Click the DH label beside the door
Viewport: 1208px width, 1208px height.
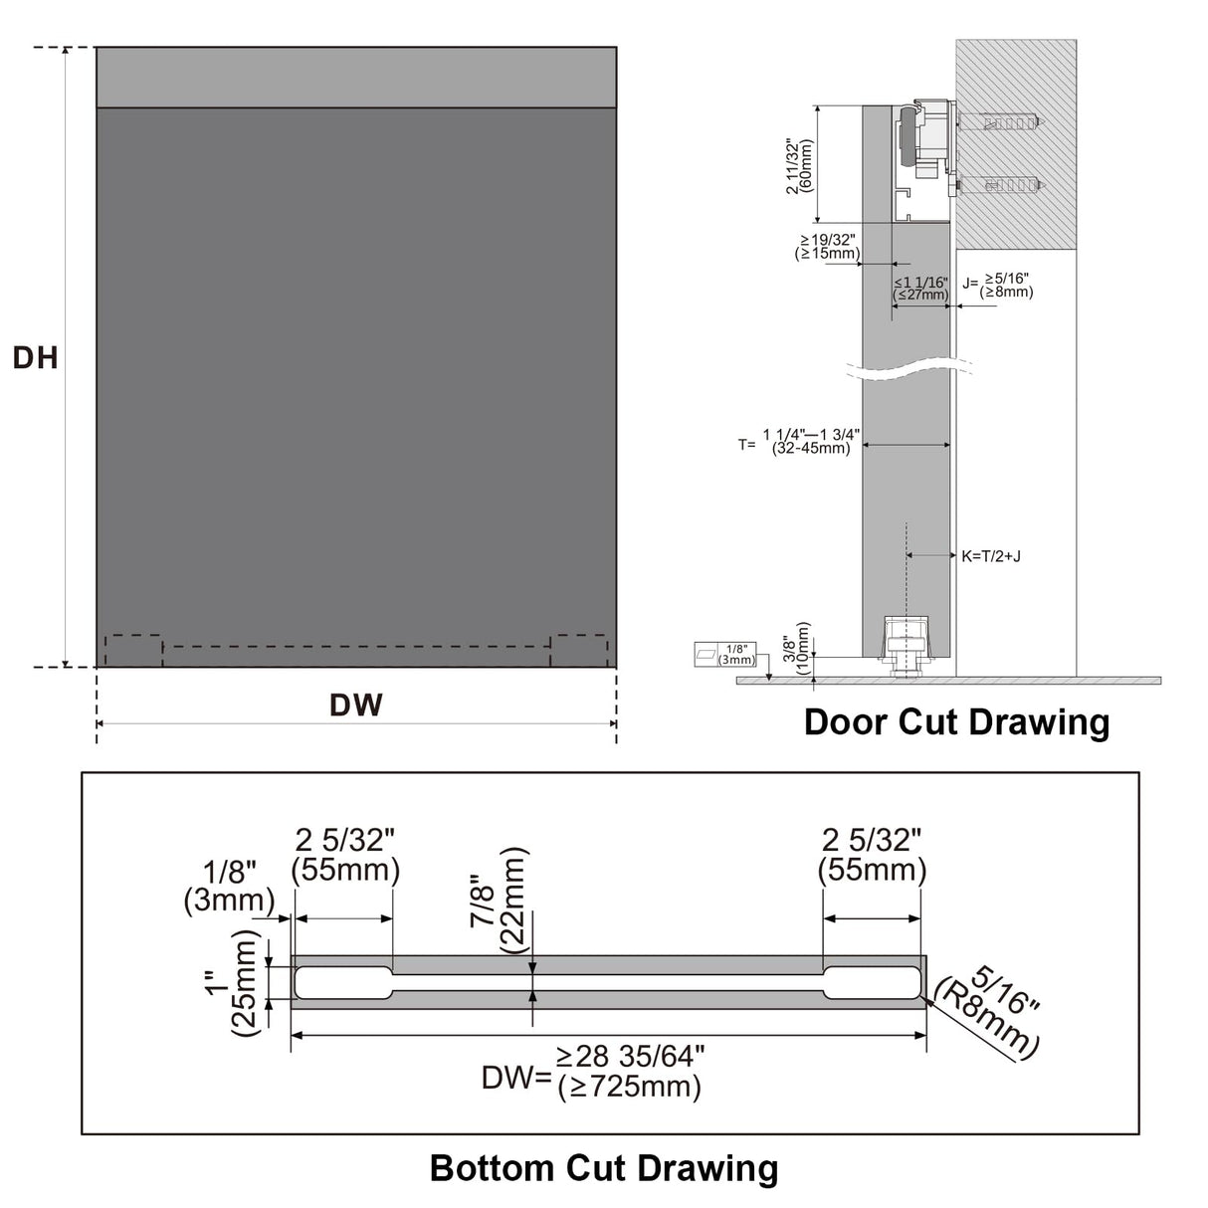(x=35, y=357)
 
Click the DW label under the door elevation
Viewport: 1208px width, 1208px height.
(x=355, y=705)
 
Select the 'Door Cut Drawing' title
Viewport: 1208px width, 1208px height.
(x=956, y=721)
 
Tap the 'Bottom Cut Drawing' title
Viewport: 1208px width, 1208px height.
(x=603, y=1167)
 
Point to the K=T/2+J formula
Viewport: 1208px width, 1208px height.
(x=990, y=556)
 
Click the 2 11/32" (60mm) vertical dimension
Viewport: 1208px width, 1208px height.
(x=799, y=165)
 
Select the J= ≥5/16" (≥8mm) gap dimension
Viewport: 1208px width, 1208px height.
(x=997, y=286)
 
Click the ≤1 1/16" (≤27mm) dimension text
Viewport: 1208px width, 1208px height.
(x=920, y=289)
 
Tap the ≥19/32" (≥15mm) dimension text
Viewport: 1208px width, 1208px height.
(x=827, y=247)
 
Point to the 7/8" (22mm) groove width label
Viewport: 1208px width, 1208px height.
(x=497, y=901)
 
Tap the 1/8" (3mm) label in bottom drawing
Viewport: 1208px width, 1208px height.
(x=229, y=888)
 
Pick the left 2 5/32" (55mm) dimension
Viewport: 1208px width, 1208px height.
(x=345, y=855)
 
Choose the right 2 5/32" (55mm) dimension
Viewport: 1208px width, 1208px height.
(x=872, y=855)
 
